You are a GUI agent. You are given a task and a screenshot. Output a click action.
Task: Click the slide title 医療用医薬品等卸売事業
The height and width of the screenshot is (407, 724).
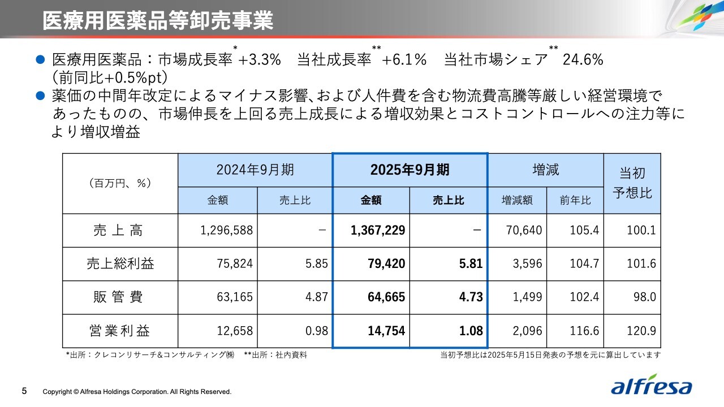point(158,20)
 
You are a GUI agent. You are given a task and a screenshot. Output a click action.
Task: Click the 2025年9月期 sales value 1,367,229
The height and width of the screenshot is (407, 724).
point(378,231)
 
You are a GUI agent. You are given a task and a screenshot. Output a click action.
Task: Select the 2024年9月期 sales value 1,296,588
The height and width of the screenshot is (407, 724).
point(226,231)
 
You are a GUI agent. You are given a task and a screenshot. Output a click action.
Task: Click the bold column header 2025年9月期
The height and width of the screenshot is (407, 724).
point(410,170)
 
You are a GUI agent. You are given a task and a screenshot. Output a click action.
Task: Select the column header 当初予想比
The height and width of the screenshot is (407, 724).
point(632,183)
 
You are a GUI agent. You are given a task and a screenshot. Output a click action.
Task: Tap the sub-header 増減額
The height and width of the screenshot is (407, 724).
point(517,200)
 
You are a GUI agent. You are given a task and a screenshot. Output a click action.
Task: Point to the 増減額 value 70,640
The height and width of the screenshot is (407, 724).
point(525,231)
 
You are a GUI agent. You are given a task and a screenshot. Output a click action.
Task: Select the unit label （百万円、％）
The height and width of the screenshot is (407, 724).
point(120,183)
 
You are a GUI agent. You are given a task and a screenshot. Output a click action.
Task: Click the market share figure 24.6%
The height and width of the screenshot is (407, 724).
point(583,60)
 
